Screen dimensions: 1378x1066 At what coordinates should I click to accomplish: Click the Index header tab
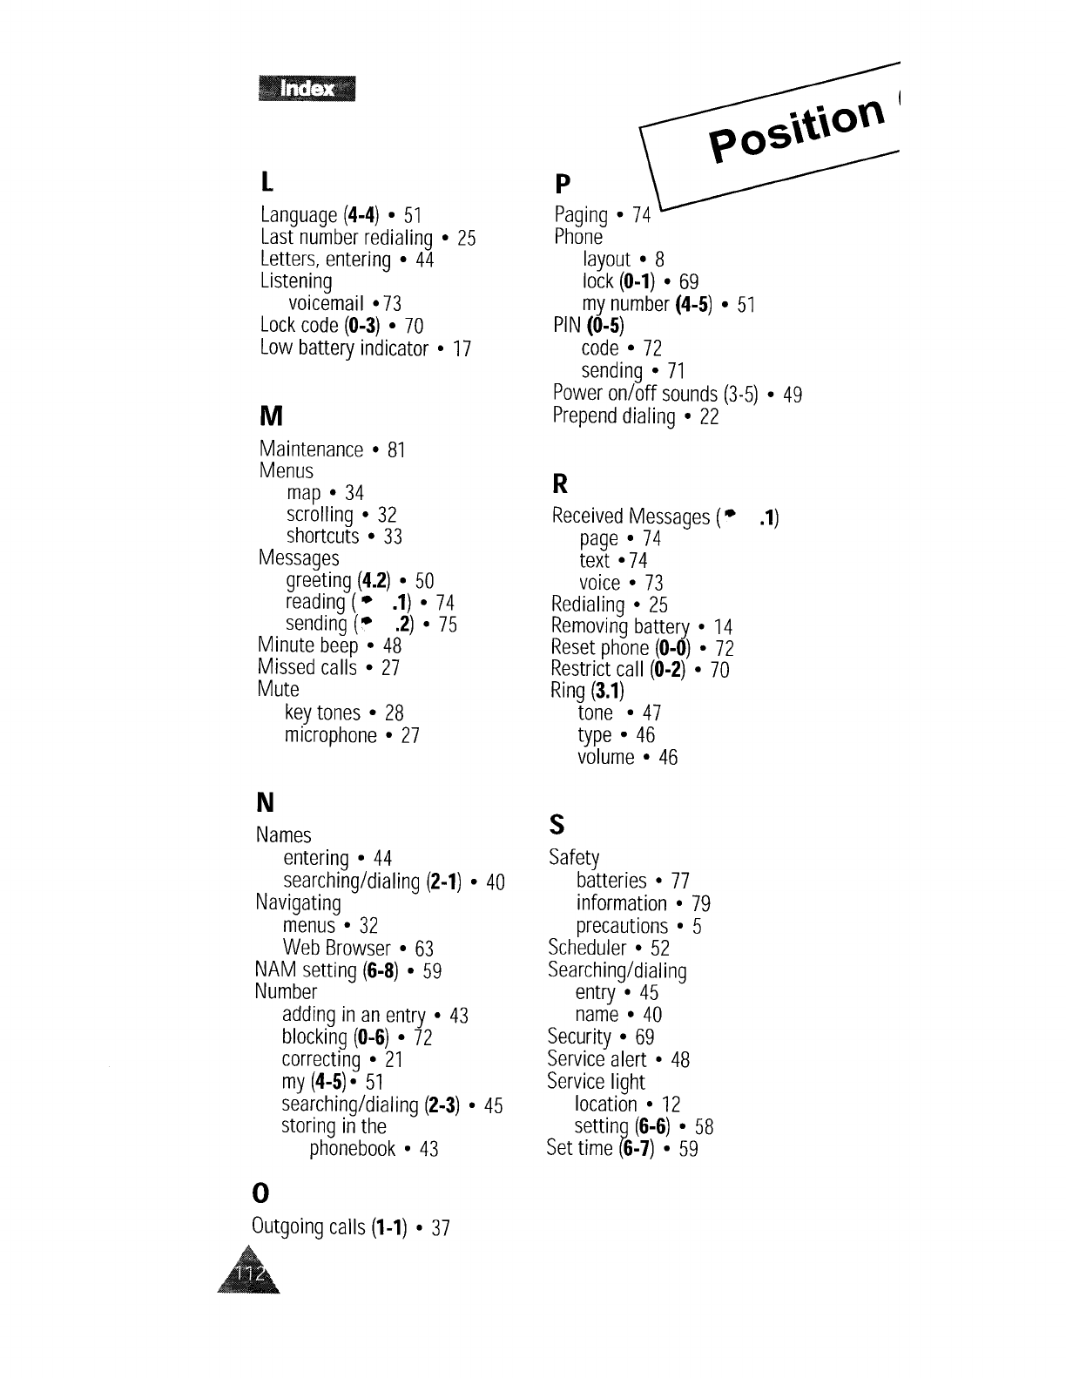tap(307, 89)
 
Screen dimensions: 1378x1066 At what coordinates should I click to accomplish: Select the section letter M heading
tap(271, 416)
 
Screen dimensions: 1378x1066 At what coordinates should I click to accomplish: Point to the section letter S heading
tap(557, 824)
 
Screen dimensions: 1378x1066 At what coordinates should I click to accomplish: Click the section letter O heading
tap(260, 1191)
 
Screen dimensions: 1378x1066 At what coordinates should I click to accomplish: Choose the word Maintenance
tap(311, 449)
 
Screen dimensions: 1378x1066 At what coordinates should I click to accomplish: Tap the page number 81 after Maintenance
tap(396, 450)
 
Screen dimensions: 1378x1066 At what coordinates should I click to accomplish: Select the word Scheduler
tap(587, 948)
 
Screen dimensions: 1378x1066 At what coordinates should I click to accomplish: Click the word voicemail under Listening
tap(326, 303)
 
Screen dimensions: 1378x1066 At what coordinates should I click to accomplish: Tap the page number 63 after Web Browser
tap(424, 949)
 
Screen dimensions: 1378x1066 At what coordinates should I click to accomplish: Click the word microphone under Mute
tap(330, 735)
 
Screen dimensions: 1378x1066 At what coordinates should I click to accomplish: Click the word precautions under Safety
tap(622, 926)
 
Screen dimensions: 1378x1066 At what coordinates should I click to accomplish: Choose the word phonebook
tap(353, 1149)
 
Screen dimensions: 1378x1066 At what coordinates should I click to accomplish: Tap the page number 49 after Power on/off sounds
tap(792, 395)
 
